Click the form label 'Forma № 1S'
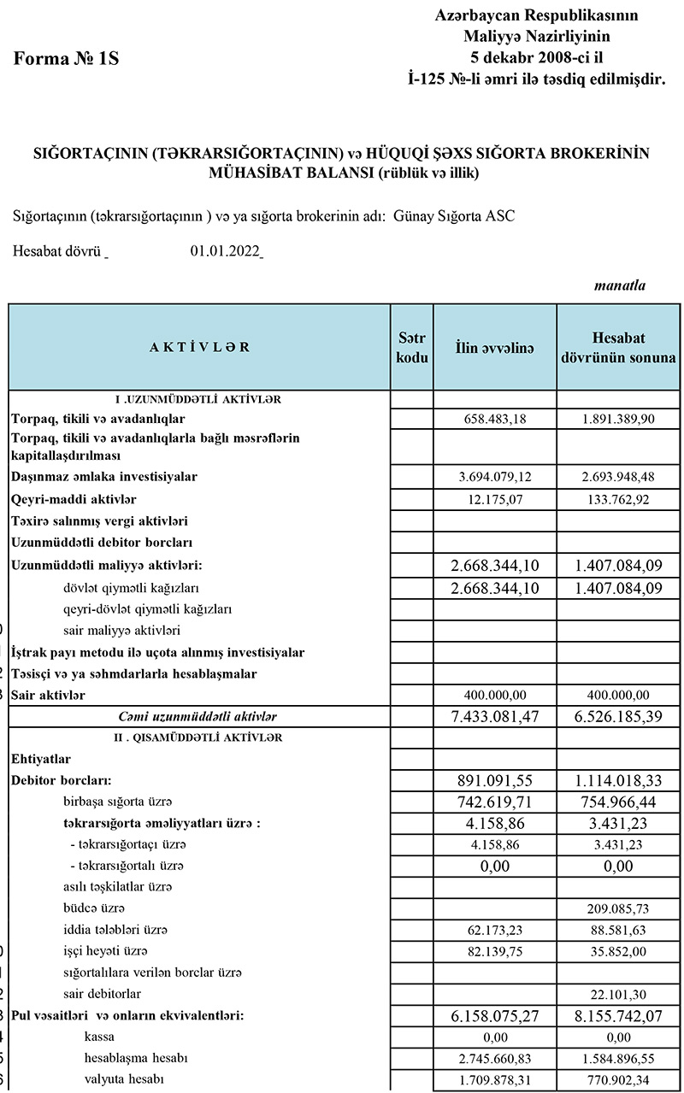coord(66,59)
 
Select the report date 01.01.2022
coord(226,252)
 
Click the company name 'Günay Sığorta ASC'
coord(454,215)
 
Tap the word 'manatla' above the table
coord(619,285)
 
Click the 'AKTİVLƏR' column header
coord(199,347)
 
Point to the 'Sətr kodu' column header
coord(412,347)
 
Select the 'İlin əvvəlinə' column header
coord(494,347)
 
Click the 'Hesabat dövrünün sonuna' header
coord(618,347)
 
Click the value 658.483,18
coord(494,419)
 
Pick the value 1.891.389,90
coord(618,419)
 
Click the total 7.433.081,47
coord(494,716)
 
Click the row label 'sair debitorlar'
coord(103,994)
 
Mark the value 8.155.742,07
coord(618,1016)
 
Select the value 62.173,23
coord(494,929)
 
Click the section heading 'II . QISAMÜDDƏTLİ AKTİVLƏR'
coord(199,737)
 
